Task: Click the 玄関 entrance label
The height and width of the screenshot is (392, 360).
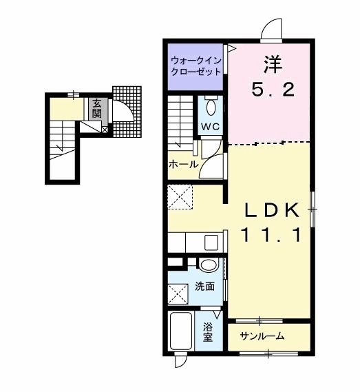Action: (96, 108)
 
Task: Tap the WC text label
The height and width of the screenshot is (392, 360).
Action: (211, 127)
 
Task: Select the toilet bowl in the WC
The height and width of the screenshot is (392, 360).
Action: (211, 107)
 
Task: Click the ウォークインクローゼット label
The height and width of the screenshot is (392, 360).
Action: (196, 66)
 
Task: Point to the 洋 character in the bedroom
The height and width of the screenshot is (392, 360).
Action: (273, 65)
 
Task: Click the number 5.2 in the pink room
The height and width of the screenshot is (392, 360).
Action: (273, 90)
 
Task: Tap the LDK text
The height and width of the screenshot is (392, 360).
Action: (272, 210)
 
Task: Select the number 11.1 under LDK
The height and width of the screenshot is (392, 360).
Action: (271, 235)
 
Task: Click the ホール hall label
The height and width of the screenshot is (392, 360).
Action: (183, 164)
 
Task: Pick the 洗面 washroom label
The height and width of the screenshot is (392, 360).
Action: (205, 287)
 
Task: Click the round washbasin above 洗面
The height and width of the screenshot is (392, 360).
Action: (209, 265)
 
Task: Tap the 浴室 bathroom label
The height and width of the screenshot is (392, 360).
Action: (208, 332)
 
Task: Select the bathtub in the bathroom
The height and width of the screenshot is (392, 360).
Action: (181, 331)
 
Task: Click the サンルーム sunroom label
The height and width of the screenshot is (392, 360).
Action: (262, 336)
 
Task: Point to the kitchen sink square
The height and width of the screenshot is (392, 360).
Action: (211, 243)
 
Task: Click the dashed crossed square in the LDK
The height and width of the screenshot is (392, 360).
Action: (180, 197)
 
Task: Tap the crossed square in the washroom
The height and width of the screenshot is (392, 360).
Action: (178, 294)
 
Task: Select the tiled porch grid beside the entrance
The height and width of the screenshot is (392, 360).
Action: (127, 112)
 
